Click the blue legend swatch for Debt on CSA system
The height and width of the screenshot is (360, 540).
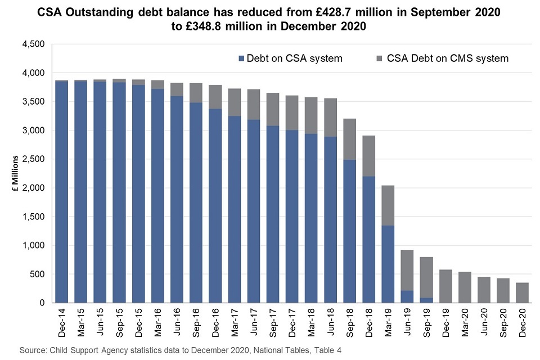coord(242,58)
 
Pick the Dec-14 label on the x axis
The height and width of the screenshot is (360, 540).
coord(62,322)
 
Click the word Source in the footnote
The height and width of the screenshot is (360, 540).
coord(33,350)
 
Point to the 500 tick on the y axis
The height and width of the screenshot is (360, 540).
coord(37,274)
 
